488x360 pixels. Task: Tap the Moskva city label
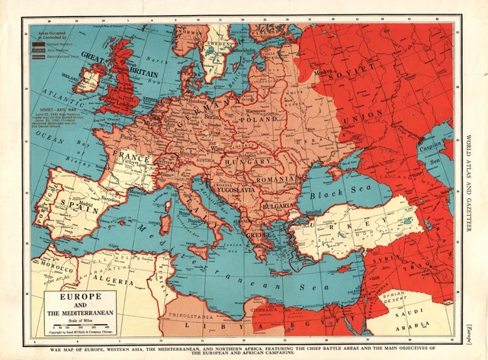(x=329, y=73)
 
